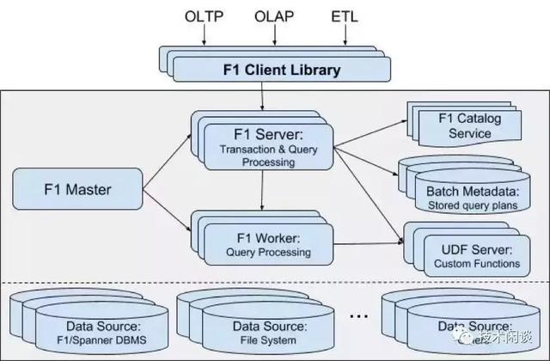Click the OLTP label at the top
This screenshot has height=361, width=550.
pyautogui.click(x=203, y=17)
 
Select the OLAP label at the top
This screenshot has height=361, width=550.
pyautogui.click(x=275, y=17)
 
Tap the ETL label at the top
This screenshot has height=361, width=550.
pyautogui.click(x=345, y=17)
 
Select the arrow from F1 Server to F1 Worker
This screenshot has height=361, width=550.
pyautogui.click(x=260, y=194)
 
